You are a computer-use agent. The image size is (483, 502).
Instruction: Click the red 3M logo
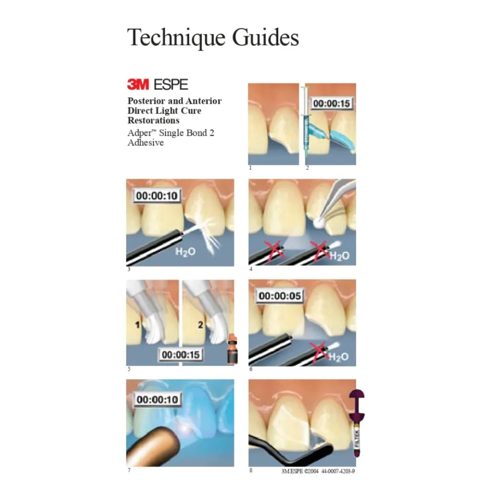pos(138,85)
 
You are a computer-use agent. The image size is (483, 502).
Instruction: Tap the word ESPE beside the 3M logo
pos(171,85)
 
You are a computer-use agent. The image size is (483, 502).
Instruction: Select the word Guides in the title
pos(266,37)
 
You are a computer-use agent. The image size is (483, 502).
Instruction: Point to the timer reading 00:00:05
pos(280,295)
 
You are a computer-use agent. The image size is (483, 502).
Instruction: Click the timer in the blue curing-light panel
pos(157,399)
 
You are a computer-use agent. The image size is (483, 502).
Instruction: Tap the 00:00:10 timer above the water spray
pos(157,196)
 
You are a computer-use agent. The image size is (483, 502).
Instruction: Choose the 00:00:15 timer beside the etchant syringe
pos(331,104)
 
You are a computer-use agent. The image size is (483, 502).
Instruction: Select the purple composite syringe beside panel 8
pos(357,423)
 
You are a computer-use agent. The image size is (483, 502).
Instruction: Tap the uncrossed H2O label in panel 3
pos(185,252)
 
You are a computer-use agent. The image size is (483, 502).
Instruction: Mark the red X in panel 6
pos(320,351)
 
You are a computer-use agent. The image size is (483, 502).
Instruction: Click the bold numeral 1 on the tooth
pos(138,325)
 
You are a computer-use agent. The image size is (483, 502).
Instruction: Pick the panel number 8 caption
pos(251,470)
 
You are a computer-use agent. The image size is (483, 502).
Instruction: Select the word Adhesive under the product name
pos(146,142)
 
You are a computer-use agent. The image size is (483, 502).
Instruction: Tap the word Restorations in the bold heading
pos(153,120)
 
